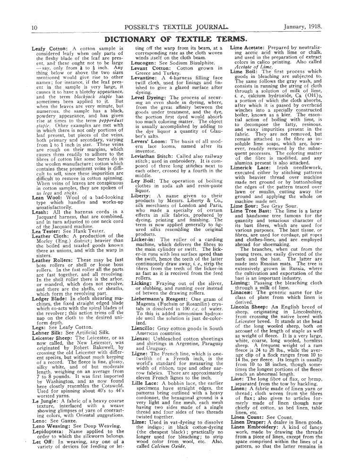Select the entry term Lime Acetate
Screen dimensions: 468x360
250,49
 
